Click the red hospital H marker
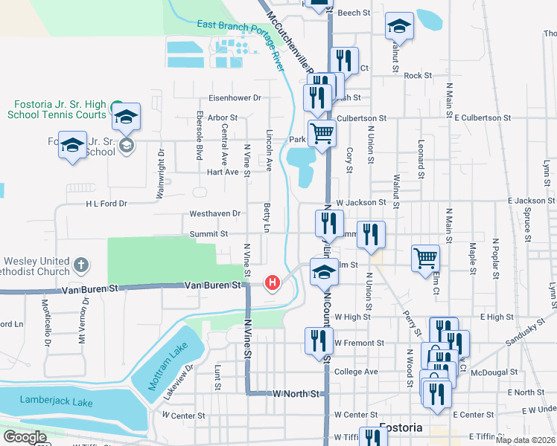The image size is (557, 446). [x=273, y=282]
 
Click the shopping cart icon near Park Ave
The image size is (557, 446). [x=322, y=134]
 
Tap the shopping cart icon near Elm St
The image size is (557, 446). [x=425, y=258]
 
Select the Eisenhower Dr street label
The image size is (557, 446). [x=235, y=97]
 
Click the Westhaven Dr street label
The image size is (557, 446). [x=215, y=213]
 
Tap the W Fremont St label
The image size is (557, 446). [x=359, y=343]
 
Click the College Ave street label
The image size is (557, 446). [x=356, y=372]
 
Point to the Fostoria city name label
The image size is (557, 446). [x=401, y=428]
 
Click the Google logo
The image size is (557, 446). [x=25, y=437]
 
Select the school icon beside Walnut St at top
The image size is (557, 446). [x=399, y=27]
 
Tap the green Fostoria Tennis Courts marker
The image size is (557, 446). [x=116, y=107]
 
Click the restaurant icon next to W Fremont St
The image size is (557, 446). [x=319, y=340]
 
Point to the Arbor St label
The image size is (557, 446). [x=223, y=117]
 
